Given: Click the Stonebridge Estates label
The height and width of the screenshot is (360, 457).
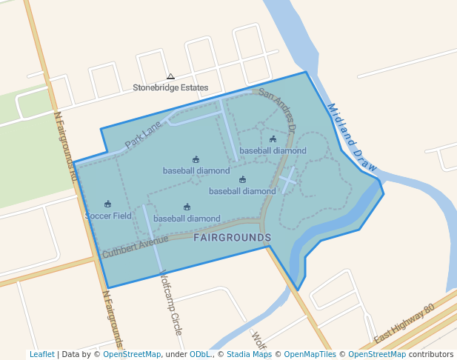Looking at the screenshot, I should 170,87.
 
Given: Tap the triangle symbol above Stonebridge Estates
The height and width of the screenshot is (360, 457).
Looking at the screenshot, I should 170,76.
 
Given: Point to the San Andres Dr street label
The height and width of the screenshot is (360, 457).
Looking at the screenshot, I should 277,112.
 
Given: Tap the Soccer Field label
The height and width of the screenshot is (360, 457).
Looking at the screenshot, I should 108,216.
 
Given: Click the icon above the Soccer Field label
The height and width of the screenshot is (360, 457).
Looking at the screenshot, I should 108,204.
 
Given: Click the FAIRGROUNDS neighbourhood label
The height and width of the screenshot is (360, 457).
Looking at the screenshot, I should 232,237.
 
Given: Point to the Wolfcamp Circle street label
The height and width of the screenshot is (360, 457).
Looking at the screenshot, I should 170,301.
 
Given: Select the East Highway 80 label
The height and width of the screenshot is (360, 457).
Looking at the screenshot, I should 404,325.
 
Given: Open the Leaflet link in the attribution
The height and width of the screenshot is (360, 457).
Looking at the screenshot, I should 41,354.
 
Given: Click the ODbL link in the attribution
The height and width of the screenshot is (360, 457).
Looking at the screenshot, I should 200,354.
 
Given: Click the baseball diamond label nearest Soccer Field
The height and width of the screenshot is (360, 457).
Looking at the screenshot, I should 187,219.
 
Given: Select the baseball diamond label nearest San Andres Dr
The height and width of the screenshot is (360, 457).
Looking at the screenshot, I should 273,150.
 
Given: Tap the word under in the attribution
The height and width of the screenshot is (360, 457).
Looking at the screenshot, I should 176,354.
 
